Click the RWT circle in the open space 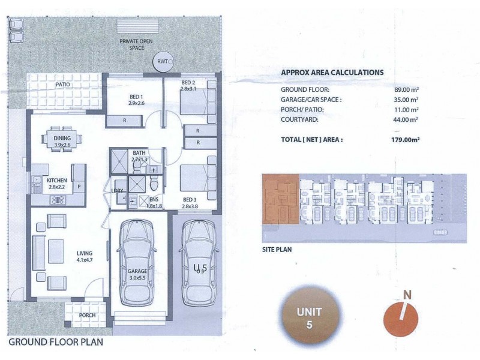[x=162, y=62]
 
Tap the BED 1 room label [x=136, y=97]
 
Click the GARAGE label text [x=137, y=271]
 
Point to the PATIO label [x=64, y=85]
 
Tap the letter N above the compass [x=407, y=294]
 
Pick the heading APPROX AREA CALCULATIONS [x=332, y=72]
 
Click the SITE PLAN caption [x=277, y=248]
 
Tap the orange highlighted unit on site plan [x=280, y=201]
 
